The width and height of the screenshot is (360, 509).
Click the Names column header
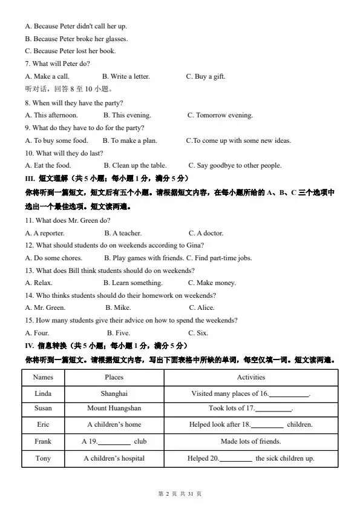click(43, 377)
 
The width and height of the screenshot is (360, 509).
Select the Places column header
click(114, 377)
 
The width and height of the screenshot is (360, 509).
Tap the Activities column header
click(250, 377)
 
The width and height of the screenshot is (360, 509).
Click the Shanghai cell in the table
click(114, 393)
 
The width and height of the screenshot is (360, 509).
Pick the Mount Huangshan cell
click(114, 409)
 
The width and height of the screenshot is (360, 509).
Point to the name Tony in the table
click(43, 458)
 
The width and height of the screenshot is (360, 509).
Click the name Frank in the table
click(43, 441)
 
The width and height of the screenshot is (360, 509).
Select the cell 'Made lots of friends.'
click(250, 441)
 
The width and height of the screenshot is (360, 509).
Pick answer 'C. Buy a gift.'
click(206, 77)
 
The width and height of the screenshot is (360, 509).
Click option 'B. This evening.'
click(127, 115)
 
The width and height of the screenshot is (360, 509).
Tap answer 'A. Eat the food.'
click(48, 165)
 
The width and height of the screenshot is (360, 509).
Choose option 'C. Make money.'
click(212, 283)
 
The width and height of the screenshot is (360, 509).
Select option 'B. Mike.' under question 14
click(118, 307)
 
